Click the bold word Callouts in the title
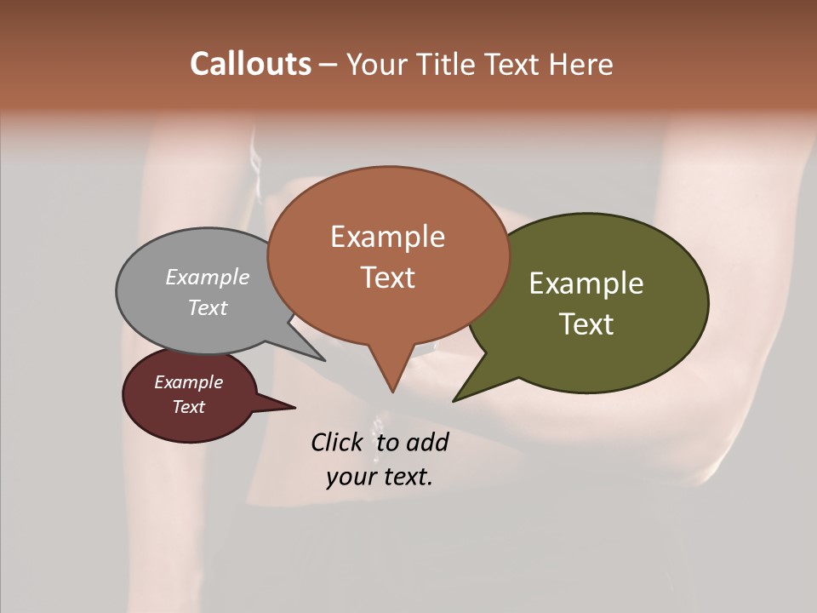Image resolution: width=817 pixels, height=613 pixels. click(251, 64)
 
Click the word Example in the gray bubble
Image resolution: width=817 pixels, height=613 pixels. click(208, 277)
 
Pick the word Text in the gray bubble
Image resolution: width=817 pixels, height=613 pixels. click(208, 307)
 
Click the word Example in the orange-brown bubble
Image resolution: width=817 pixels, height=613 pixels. click(387, 237)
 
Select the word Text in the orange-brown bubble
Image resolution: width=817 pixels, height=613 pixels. click(388, 277)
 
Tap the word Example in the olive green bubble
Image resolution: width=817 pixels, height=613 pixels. click(586, 284)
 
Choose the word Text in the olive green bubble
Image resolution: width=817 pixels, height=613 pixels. click(586, 324)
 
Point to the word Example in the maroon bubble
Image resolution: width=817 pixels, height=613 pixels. click(189, 382)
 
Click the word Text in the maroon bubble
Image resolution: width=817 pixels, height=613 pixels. click(189, 407)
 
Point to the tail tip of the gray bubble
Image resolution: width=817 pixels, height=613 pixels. click(324, 360)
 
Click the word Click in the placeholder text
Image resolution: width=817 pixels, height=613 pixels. click(338, 442)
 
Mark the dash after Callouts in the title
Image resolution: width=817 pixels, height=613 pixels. click(329, 64)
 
